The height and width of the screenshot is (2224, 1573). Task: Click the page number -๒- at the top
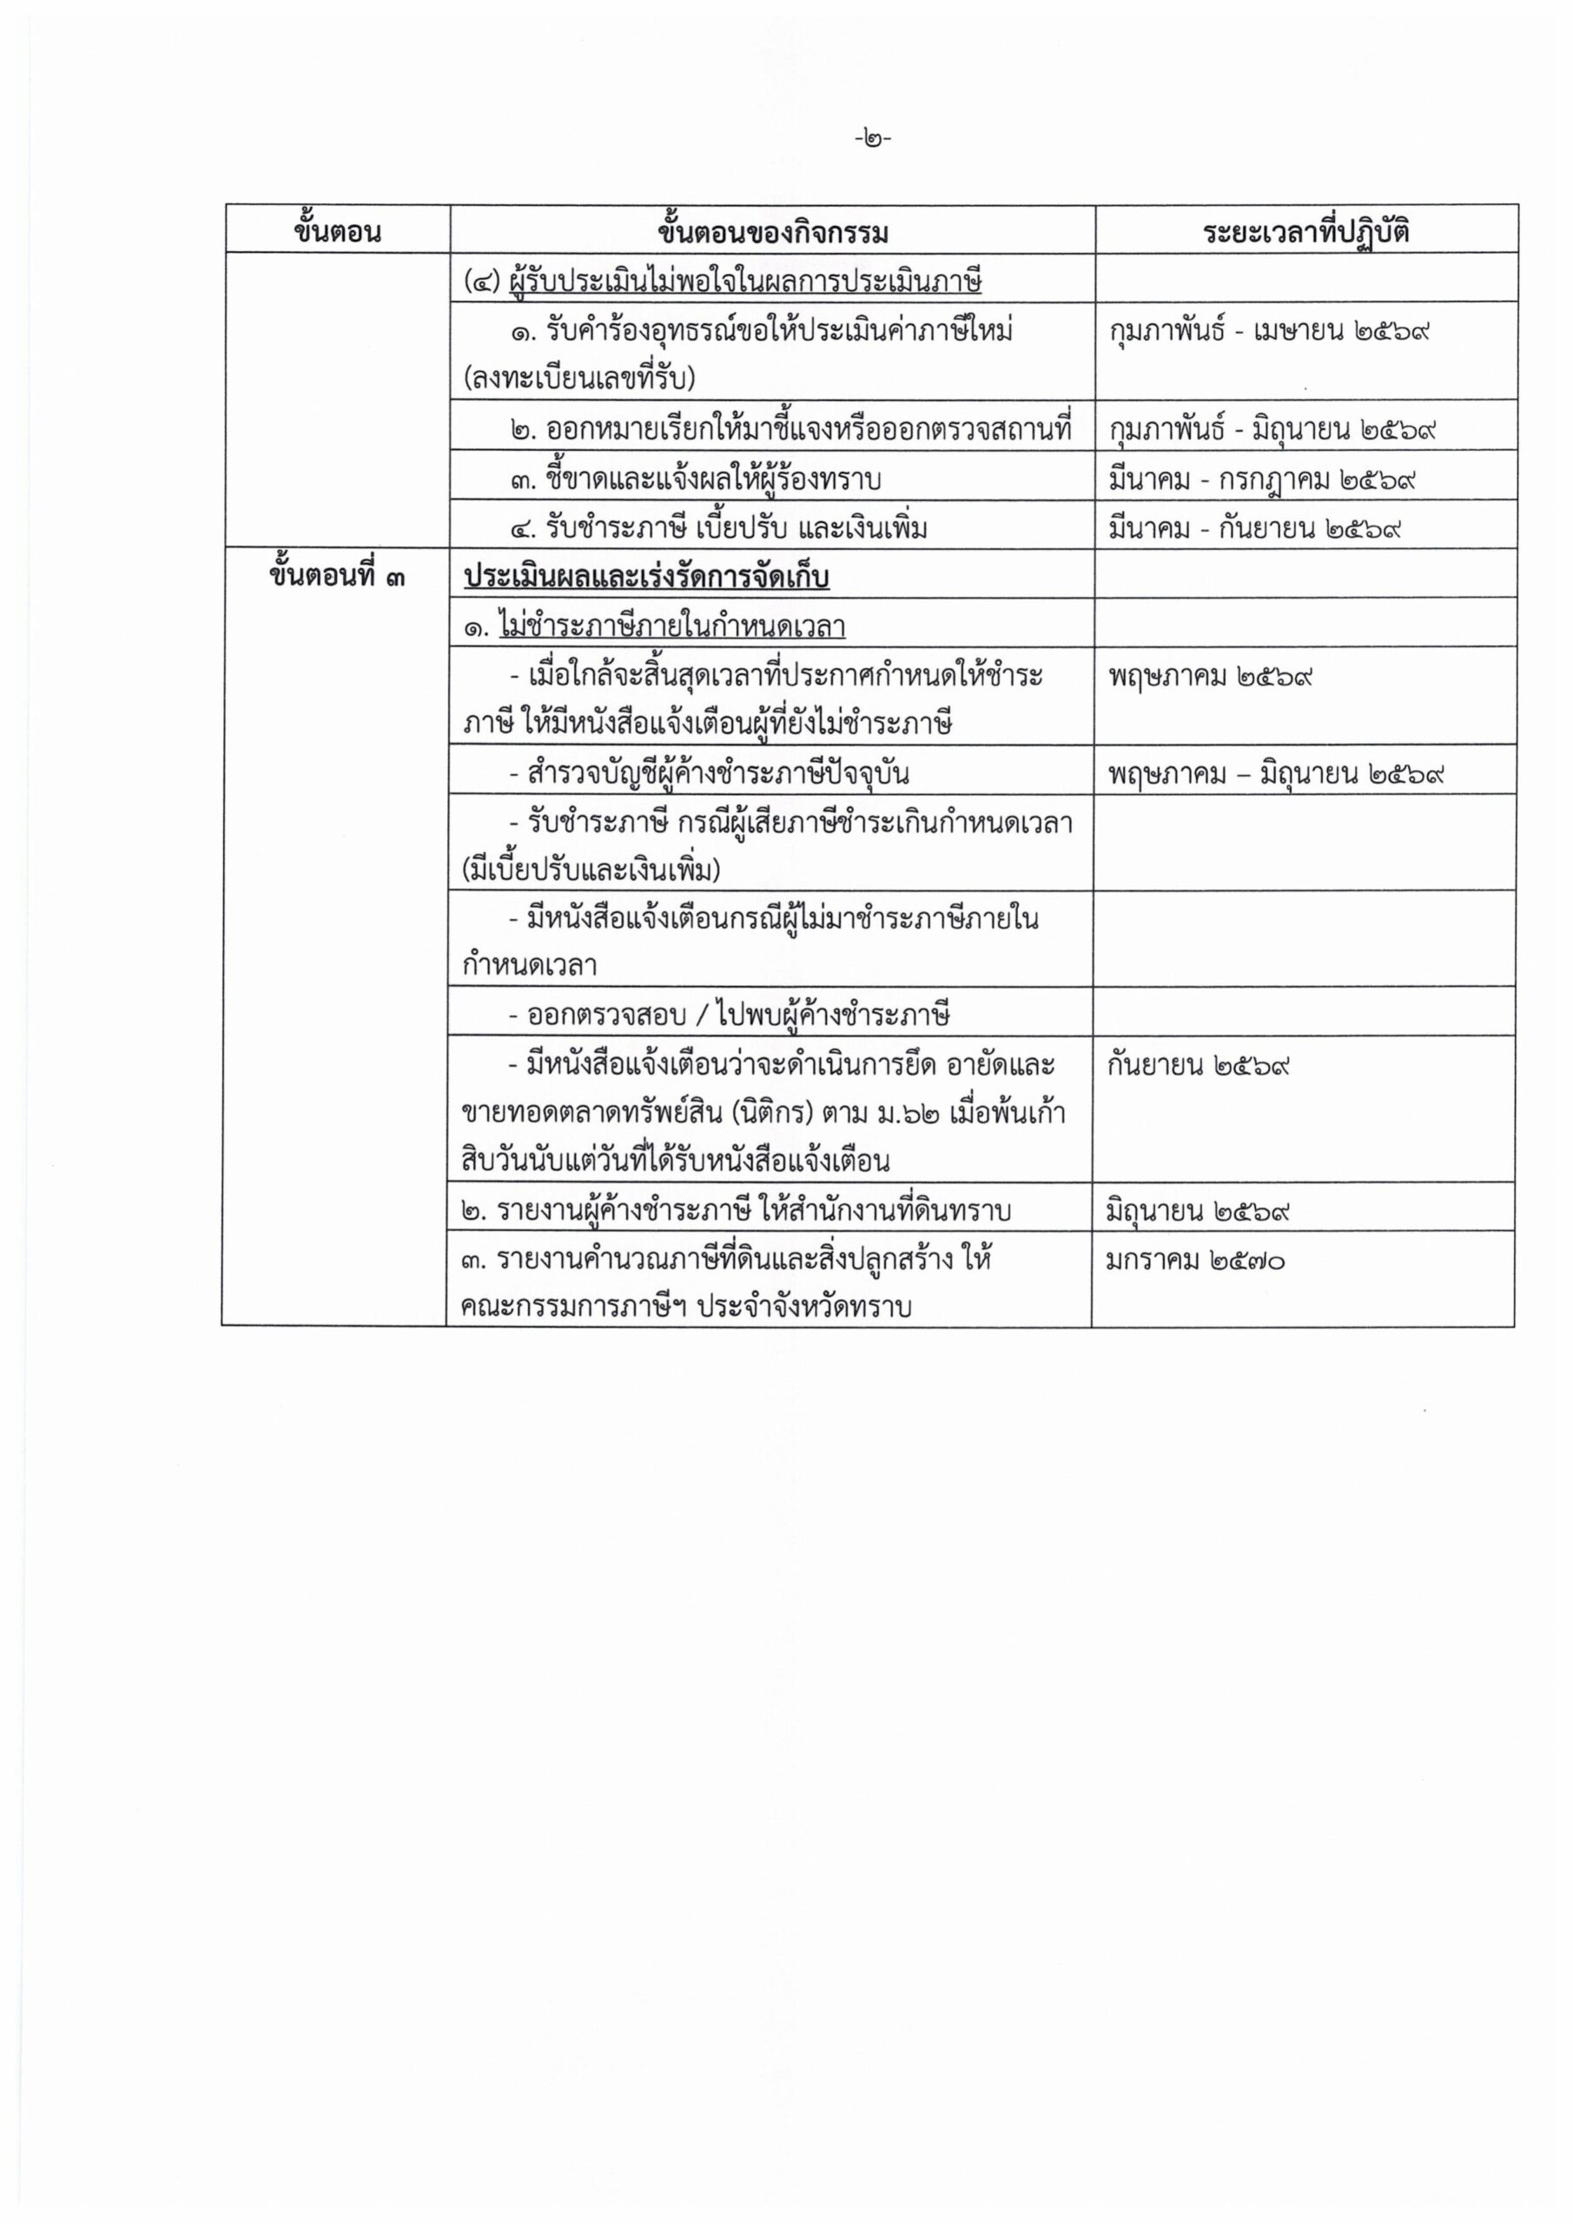tap(873, 138)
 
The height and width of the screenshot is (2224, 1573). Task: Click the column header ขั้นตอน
tap(337, 233)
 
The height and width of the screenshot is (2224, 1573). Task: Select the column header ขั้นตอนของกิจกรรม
tap(772, 233)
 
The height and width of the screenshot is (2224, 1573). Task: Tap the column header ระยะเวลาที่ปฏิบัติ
tap(1305, 233)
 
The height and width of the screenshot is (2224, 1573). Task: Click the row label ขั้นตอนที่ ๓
tap(337, 578)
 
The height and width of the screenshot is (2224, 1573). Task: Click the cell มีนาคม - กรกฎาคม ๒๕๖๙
tap(1263, 480)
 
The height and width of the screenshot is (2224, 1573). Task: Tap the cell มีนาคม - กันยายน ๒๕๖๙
tap(1256, 529)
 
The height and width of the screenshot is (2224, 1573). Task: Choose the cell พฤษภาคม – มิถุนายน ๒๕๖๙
tap(1278, 774)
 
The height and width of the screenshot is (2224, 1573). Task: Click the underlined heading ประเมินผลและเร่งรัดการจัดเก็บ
tap(646, 578)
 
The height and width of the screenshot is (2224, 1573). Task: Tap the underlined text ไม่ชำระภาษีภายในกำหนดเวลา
tap(671, 626)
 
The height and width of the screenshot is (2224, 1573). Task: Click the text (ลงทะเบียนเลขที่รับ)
tap(579, 379)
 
